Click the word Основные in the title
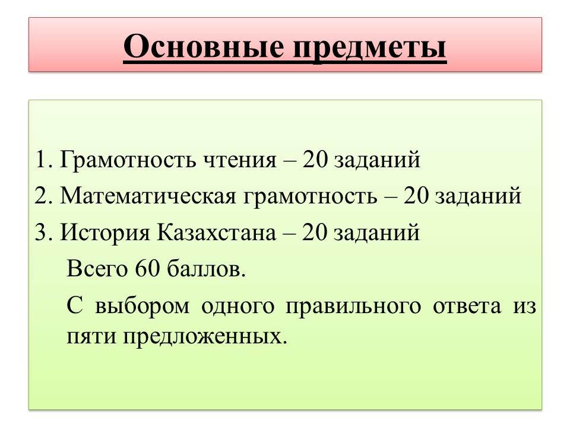tap(204, 46)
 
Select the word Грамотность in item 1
tap(128, 160)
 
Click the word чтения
tap(240, 161)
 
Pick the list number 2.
tap(43, 196)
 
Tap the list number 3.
tap(43, 232)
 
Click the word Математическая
tap(148, 196)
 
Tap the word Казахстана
tap(216, 232)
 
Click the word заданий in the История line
tap(377, 232)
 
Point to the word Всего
tap(97, 269)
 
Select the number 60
tap(148, 269)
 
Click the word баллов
tap(207, 269)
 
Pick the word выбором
tap(142, 307)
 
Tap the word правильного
tap(353, 307)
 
